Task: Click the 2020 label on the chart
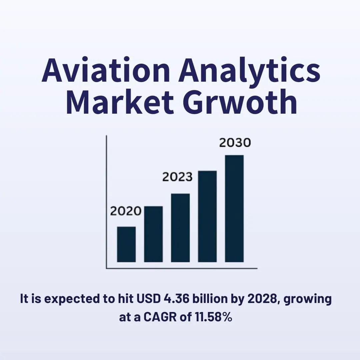126,211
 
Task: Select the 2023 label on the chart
177,177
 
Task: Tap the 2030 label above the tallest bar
235,143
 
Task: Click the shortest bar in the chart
126,244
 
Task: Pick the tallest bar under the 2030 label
234,208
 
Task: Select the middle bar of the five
180,228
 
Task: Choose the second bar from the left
153,234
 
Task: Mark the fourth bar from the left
207,217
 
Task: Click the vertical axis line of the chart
107,202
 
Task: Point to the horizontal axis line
182,268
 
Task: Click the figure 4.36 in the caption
177,299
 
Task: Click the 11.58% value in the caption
214,317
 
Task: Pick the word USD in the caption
149,299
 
